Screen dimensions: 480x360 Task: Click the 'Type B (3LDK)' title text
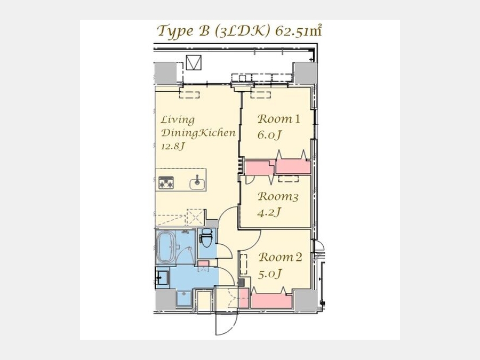tap(214, 31)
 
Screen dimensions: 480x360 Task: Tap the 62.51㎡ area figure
tap(299, 31)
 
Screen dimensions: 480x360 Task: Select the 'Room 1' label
tap(278, 119)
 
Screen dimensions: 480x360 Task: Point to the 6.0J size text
tap(269, 135)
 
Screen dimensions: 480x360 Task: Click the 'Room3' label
tap(278, 196)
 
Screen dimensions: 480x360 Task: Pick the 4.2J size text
tap(269, 212)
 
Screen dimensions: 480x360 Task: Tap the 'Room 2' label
tap(281, 257)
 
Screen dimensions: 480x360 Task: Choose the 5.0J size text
tap(270, 274)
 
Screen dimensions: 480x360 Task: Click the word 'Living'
tap(178, 119)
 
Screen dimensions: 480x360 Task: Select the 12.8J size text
tap(173, 146)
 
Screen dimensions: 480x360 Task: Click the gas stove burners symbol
tap(166, 183)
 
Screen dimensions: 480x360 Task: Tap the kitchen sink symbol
tap(197, 183)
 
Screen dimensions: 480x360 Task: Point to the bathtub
tap(166, 247)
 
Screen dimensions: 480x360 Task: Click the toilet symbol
tap(205, 239)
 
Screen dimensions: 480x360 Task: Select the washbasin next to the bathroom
tap(162, 278)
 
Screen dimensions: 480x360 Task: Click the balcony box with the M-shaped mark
tap(194, 63)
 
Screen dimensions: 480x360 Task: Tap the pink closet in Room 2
tap(271, 300)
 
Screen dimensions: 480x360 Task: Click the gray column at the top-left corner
tap(165, 73)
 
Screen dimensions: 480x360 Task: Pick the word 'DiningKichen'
tap(198, 133)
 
